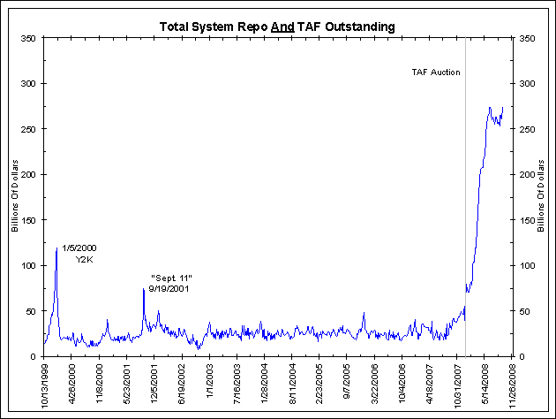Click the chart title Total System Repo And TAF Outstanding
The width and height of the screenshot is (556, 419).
277,27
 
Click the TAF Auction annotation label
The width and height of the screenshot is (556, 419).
436,72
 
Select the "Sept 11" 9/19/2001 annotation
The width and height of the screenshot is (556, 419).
171,284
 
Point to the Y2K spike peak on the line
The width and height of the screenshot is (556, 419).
56,248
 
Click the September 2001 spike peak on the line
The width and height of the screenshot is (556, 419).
143,288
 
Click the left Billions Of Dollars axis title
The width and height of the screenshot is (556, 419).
15,197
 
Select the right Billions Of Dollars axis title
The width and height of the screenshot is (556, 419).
541,197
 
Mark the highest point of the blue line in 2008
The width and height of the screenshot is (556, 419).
490,108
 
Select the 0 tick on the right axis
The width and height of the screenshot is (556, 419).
525,356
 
